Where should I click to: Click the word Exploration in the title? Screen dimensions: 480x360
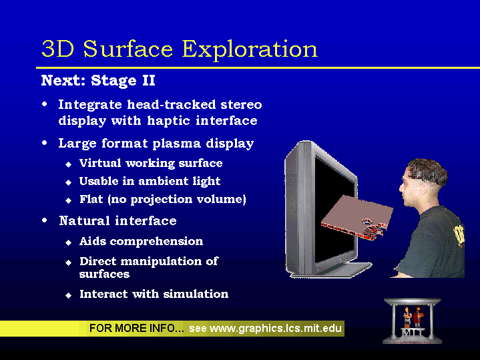[x=250, y=49]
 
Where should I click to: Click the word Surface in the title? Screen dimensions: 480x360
[x=128, y=48]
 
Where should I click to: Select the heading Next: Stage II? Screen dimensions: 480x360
[x=98, y=80]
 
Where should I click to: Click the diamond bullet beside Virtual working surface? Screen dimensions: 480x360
[x=68, y=164]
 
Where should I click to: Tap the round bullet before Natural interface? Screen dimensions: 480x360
[x=45, y=220]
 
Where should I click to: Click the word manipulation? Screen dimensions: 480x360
[x=162, y=261]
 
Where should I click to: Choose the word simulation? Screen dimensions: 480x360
[x=196, y=294]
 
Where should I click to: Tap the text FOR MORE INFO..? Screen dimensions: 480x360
[x=137, y=328]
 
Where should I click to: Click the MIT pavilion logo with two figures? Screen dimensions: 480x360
[x=413, y=321]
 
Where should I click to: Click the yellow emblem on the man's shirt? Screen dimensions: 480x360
[x=459, y=236]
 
